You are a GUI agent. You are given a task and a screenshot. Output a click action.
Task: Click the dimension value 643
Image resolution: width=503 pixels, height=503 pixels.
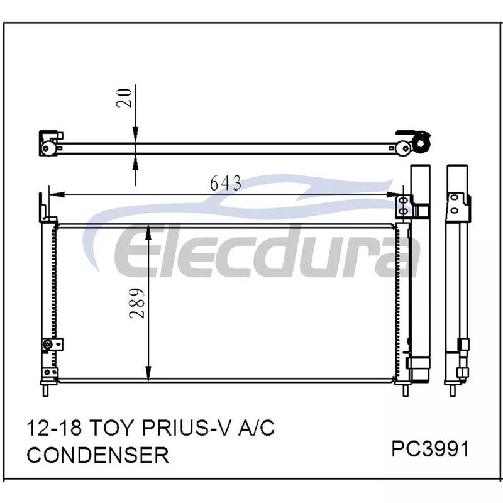pos(226,183)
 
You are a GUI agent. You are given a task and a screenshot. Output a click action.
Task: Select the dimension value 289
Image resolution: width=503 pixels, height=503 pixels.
pos(137,303)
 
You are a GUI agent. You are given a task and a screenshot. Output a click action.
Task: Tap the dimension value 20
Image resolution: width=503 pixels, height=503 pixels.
pos(124,97)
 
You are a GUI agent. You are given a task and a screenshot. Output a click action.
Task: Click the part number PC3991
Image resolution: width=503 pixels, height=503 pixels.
pos(430,449)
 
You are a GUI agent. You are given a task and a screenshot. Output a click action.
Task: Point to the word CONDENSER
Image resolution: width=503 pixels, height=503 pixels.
pos(98,455)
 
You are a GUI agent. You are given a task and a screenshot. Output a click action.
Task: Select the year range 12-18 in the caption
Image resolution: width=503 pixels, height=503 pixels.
pos(54,428)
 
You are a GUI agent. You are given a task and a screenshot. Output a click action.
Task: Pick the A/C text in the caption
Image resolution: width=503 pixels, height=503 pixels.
pos(256,428)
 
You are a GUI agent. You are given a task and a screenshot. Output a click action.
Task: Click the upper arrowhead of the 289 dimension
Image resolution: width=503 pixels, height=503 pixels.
pos(148,233)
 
